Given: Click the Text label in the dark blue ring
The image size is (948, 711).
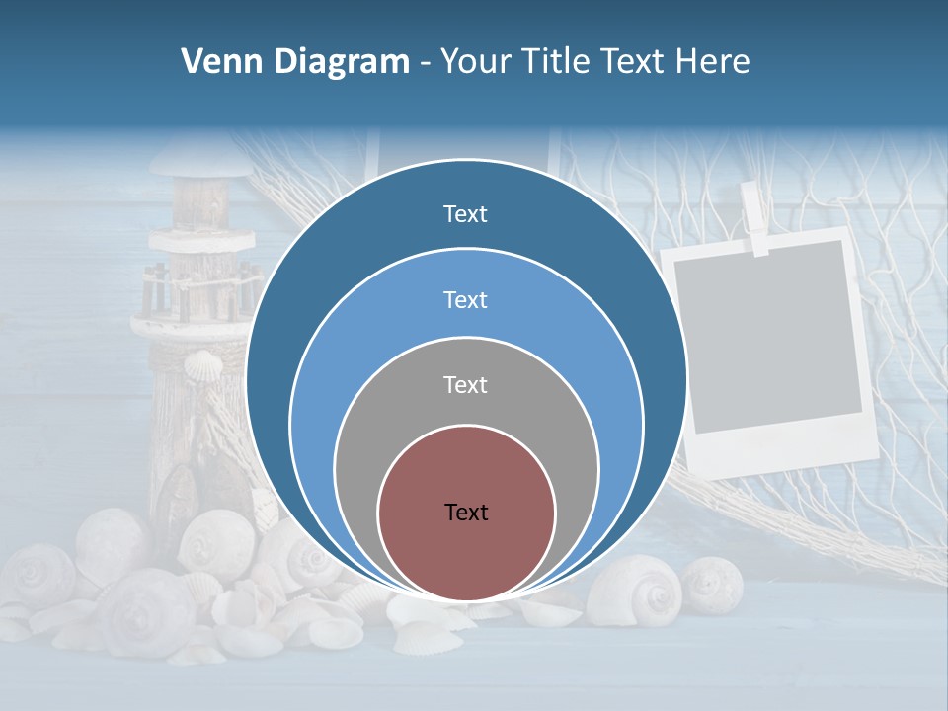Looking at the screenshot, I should click(465, 214).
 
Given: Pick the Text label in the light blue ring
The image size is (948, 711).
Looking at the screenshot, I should click(465, 299).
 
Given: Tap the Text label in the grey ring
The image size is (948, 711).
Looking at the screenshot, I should click(465, 384).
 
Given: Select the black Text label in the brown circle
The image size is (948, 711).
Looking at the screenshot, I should click(466, 512).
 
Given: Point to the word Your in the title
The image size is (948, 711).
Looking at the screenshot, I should click(476, 62).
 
